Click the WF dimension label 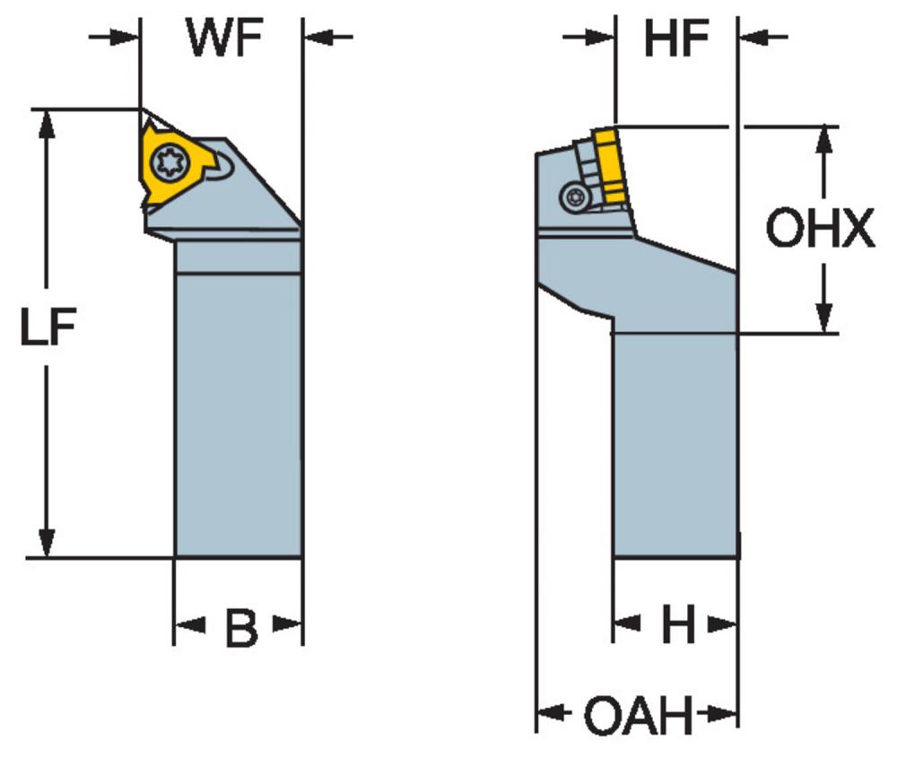tap(224, 37)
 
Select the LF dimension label tap(48, 327)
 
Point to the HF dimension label tap(676, 38)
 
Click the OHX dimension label tap(820, 228)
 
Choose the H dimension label tap(678, 624)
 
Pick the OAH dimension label tap(637, 715)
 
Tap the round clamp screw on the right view tap(573, 198)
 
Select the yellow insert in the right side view tap(611, 165)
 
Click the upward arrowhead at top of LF tap(47, 122)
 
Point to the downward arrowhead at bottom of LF tap(47, 543)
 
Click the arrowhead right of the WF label tap(318, 37)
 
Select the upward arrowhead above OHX tap(823, 141)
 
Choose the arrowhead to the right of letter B tap(287, 624)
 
